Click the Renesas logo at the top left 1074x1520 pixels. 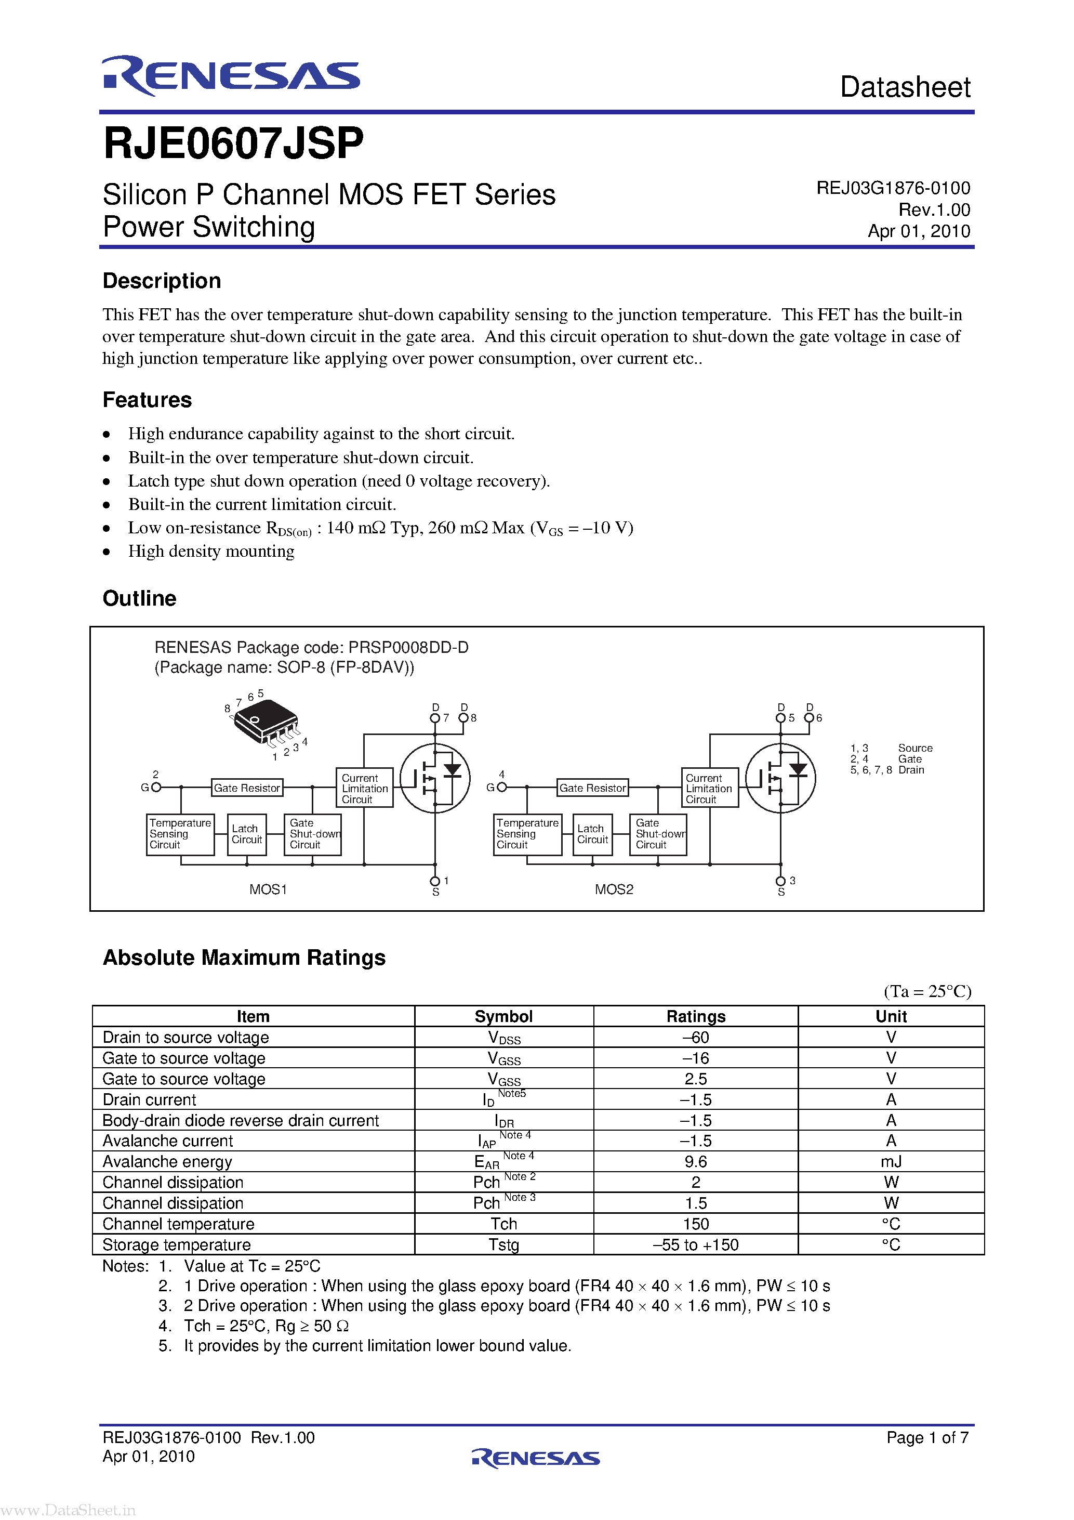click(230, 75)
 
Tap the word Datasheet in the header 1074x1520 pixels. click(904, 87)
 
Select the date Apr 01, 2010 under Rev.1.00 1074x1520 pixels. click(919, 231)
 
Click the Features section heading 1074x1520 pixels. click(147, 400)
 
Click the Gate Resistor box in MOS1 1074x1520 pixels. click(247, 788)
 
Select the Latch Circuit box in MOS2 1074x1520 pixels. click(592, 834)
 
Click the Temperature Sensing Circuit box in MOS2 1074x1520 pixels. click(527, 834)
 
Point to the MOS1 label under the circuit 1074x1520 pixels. click(268, 889)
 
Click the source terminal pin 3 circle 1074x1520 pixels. click(780, 881)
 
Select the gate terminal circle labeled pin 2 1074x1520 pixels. click(156, 787)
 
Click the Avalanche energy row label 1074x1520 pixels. click(167, 1162)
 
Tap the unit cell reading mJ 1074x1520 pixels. click(891, 1162)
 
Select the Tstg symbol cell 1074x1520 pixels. click(503, 1244)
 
